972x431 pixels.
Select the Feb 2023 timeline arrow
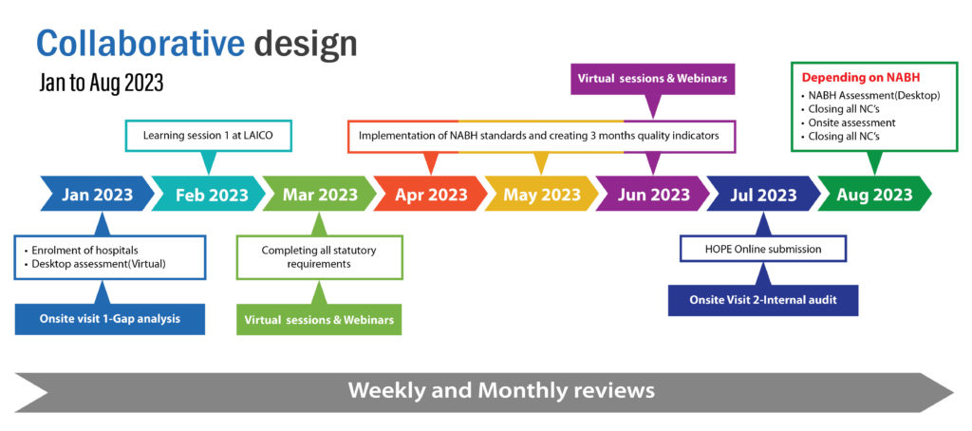(209, 194)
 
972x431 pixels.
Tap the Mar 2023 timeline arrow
(320, 194)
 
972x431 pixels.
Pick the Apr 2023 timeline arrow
(431, 194)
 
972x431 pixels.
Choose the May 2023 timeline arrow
(542, 194)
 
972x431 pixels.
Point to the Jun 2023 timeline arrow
(653, 194)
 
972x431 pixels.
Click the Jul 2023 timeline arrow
(764, 194)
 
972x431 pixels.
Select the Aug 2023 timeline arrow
(874, 194)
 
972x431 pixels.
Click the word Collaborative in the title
(140, 44)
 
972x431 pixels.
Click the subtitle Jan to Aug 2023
(101, 83)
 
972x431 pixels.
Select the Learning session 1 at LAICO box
(208, 135)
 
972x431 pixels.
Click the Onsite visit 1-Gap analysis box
(110, 319)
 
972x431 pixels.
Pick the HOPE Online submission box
(763, 249)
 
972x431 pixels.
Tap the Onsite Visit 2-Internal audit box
(763, 300)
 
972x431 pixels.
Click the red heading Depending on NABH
(861, 78)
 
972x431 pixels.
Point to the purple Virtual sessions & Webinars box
(653, 79)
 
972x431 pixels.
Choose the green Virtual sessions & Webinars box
(319, 319)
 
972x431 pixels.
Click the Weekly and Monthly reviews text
(501, 391)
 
